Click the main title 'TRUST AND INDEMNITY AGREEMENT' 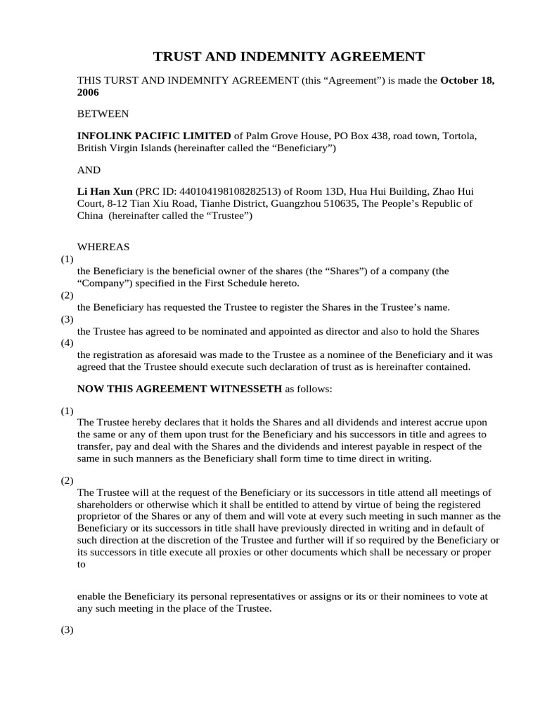click(289, 57)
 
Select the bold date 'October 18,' click(468, 81)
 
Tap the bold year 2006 click(88, 92)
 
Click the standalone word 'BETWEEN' click(103, 113)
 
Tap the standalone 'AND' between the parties click(89, 170)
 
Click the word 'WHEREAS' click(103, 247)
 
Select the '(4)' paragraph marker click(67, 343)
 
